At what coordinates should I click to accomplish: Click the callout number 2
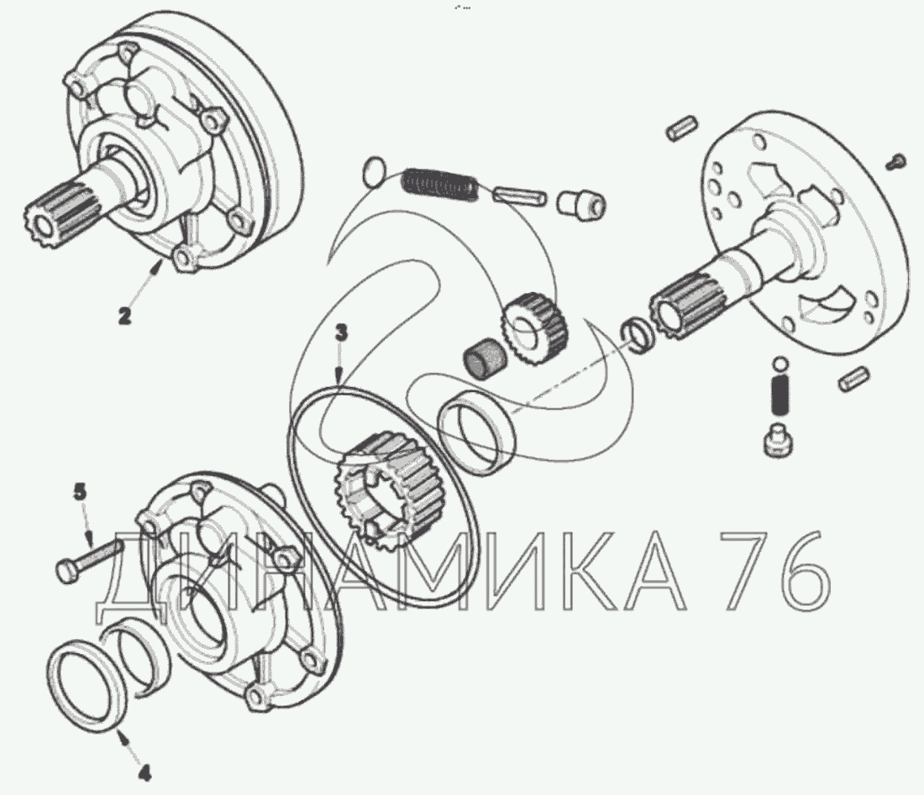click(123, 316)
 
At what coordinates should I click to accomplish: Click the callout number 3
click(341, 333)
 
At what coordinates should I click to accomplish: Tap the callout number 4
click(144, 772)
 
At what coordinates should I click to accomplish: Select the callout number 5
click(80, 492)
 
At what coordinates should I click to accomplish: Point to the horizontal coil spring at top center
click(439, 182)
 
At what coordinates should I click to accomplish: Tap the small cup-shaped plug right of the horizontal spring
click(581, 202)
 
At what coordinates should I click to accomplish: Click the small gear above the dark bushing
click(534, 322)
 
